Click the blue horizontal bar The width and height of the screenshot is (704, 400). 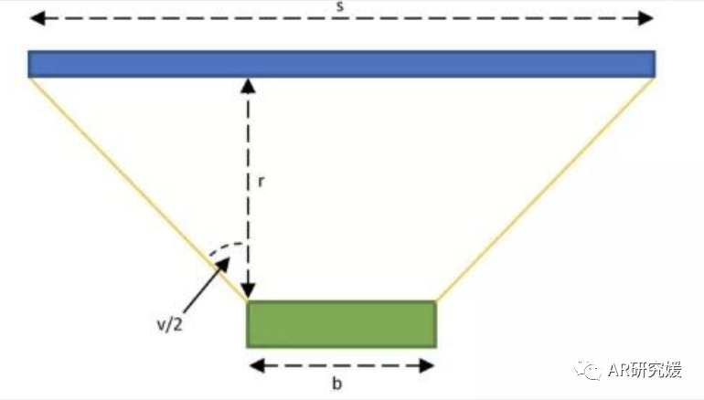pos(341,64)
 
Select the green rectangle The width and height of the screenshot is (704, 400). pos(341,324)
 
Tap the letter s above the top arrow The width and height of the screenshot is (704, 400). pos(340,6)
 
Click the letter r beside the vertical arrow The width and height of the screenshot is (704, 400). pos(261,181)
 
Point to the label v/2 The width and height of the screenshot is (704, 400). pos(170,324)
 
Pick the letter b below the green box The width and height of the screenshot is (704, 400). pos(336,383)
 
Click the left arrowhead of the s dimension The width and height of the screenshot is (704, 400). pos(37,18)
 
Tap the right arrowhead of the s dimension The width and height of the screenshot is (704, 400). pos(645,18)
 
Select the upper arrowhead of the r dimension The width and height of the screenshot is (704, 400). pos(248,86)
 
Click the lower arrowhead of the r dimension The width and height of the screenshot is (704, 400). pos(248,291)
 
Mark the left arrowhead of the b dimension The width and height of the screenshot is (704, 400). pos(257,365)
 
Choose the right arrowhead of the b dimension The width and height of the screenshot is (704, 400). pos(426,365)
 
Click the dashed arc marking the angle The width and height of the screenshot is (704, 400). pos(227,249)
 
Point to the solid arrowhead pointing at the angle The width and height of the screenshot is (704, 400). pos(222,266)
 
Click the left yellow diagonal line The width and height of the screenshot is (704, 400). pos(137,189)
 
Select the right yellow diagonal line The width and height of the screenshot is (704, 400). pos(546,189)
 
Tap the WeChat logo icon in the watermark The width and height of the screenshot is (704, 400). pos(587,370)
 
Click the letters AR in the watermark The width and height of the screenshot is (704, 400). pos(619,370)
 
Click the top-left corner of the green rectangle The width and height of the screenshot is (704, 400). pos(247,300)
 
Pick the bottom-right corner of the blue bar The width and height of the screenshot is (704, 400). pos(655,77)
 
